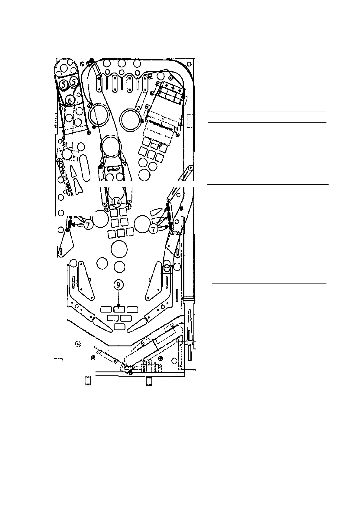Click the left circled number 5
click(64, 85)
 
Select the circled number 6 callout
click(70, 100)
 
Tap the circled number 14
click(117, 202)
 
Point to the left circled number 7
click(88, 225)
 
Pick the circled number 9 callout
click(119, 284)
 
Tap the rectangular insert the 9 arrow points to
click(119, 309)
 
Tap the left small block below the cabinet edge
click(88, 381)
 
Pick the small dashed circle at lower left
click(78, 344)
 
